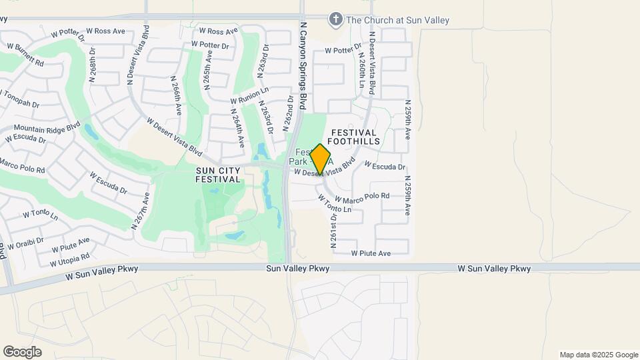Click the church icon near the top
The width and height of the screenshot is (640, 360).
pyautogui.click(x=336, y=19)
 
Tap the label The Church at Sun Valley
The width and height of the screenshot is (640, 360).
pyautogui.click(x=397, y=20)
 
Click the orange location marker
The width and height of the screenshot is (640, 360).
pyautogui.click(x=321, y=159)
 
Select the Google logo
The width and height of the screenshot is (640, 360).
pyautogui.click(x=22, y=351)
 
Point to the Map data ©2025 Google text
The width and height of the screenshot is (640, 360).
pyautogui.click(x=599, y=355)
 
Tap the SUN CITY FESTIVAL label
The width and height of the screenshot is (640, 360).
pyautogui.click(x=218, y=175)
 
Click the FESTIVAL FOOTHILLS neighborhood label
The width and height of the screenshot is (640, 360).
pyautogui.click(x=353, y=137)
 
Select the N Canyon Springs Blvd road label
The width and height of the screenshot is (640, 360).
pyautogui.click(x=303, y=65)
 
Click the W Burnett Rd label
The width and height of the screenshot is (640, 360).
pyautogui.click(x=25, y=55)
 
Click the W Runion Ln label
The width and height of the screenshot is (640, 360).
pyautogui.click(x=250, y=92)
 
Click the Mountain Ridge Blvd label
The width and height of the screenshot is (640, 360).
pyautogui.click(x=47, y=127)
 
